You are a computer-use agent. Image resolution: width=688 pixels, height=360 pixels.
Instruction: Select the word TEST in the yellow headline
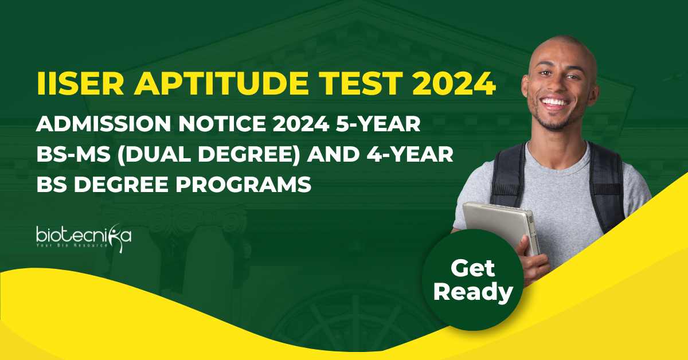[x=359, y=83]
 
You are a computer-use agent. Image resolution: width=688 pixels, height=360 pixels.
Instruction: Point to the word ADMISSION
[x=104, y=124]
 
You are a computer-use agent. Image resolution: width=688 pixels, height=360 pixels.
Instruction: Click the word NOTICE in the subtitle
[x=222, y=124]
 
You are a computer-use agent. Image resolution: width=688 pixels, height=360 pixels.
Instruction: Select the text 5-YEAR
[x=378, y=124]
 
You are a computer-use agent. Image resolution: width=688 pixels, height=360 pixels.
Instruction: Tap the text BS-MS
[x=73, y=154]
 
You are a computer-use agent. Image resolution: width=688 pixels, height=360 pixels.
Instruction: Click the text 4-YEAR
[x=410, y=154]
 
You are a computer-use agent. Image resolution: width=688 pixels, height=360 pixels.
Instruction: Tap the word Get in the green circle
[x=472, y=268]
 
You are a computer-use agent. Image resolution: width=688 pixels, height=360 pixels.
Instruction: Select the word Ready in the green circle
[x=473, y=292]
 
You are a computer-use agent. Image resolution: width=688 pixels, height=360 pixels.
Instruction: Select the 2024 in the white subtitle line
[x=300, y=124]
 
